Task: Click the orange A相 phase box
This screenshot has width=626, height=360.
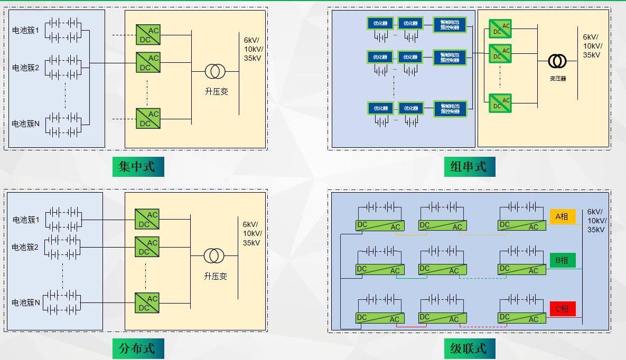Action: pos(562,216)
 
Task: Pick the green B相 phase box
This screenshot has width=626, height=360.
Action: pos(562,260)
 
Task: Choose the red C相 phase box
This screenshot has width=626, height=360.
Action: pos(562,309)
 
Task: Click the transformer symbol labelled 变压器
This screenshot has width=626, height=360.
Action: pos(557,61)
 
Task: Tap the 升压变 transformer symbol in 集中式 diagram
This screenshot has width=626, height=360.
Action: pos(216,71)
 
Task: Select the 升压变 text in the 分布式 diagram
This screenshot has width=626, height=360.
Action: pos(216,276)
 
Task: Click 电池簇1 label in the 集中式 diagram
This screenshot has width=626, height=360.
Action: pos(26,30)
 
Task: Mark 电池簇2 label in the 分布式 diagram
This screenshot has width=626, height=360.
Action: pos(26,247)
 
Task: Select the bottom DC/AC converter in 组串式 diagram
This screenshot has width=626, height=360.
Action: pos(500,102)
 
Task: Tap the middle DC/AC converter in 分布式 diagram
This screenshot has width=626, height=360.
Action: pos(147,247)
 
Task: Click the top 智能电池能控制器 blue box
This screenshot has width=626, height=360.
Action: pos(450,24)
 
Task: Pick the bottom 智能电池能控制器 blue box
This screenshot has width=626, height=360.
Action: pos(450,108)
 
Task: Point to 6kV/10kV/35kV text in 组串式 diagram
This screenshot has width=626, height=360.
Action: pos(591,46)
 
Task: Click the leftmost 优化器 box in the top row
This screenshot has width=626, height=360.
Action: pos(380,23)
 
